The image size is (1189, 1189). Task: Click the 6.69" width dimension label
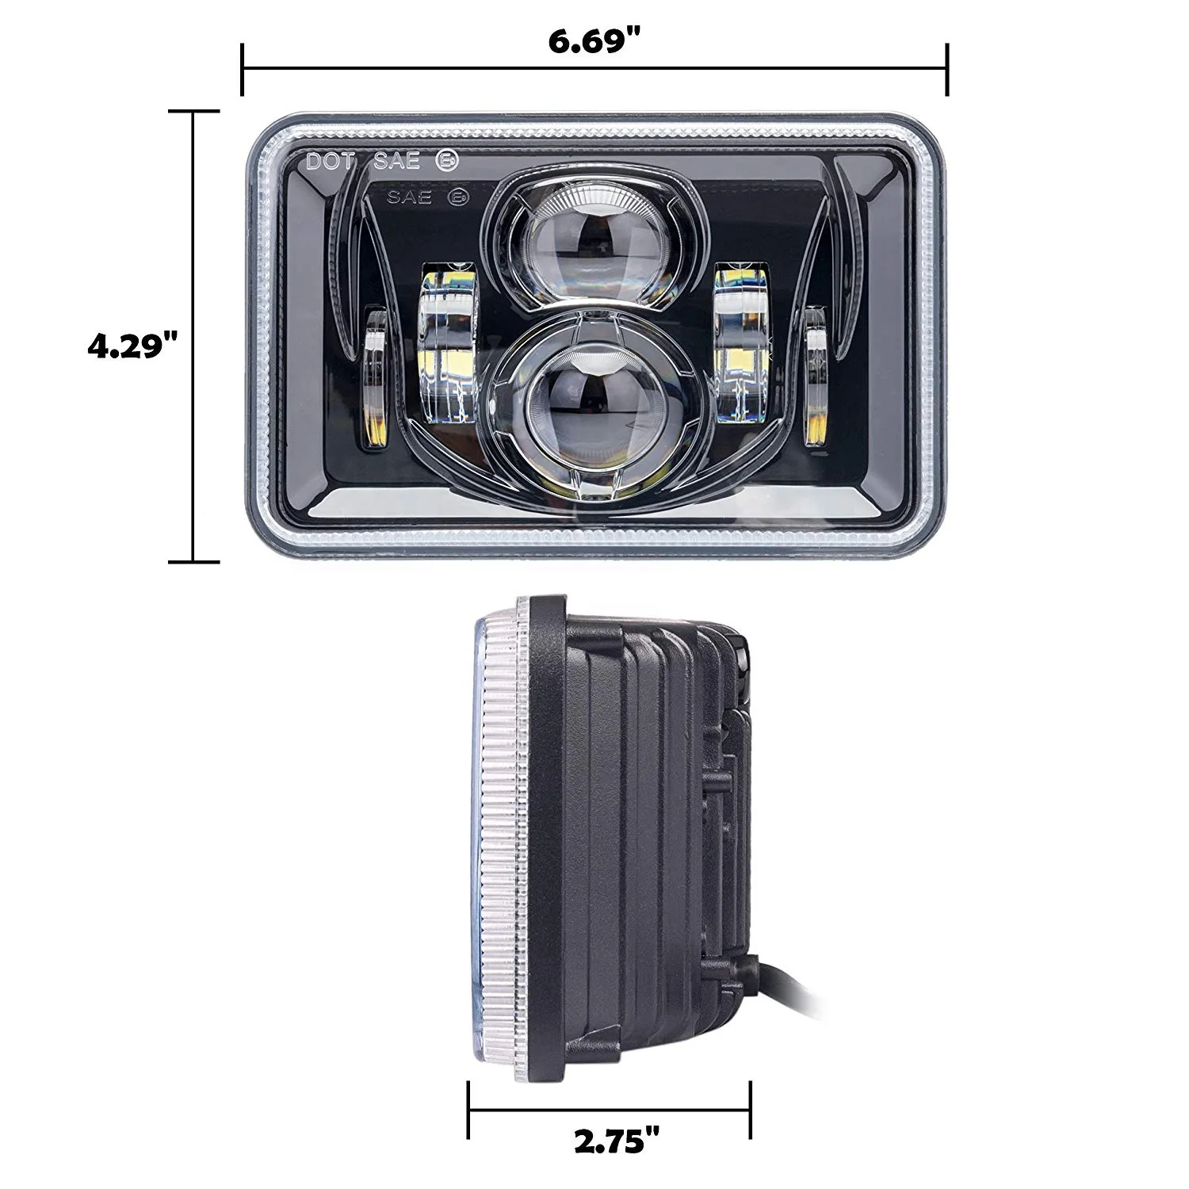click(x=594, y=42)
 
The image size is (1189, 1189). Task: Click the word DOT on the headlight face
click(x=335, y=162)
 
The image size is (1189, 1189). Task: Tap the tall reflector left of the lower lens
click(x=446, y=346)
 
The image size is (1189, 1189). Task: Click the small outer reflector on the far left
click(x=375, y=378)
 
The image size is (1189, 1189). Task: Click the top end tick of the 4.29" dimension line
click(x=193, y=112)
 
